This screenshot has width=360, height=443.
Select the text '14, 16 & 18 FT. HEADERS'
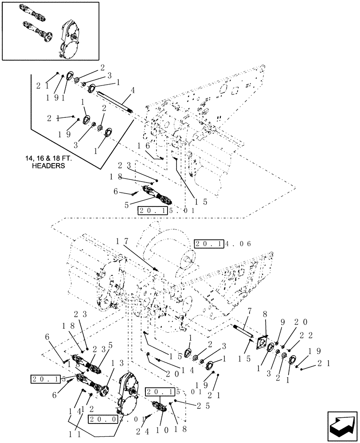[x=46, y=163]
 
